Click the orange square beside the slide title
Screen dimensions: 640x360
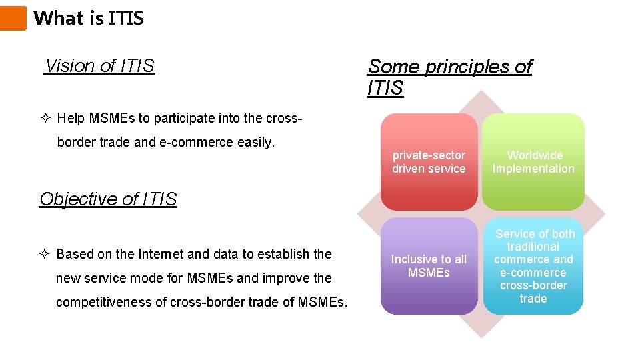pyautogui.click(x=13, y=18)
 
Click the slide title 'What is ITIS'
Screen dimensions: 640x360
pyautogui.click(x=89, y=18)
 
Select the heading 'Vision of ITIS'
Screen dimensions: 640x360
pyautogui.click(x=99, y=66)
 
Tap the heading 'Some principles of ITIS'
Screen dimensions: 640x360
pyautogui.click(x=449, y=77)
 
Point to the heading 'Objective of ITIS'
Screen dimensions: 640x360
pyautogui.click(x=108, y=199)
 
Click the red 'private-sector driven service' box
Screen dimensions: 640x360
pyautogui.click(x=429, y=162)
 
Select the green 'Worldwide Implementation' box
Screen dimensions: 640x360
pyautogui.click(x=533, y=162)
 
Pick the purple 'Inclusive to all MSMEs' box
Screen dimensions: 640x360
pyautogui.click(x=429, y=266)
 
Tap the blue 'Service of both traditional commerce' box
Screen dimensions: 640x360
pyautogui.click(x=533, y=266)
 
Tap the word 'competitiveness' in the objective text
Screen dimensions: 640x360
pyautogui.click(x=103, y=302)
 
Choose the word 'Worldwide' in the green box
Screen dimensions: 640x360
pyautogui.click(x=535, y=155)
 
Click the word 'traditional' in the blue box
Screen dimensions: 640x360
pyautogui.click(x=533, y=247)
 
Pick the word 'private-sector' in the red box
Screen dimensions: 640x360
pyautogui.click(x=429, y=155)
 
